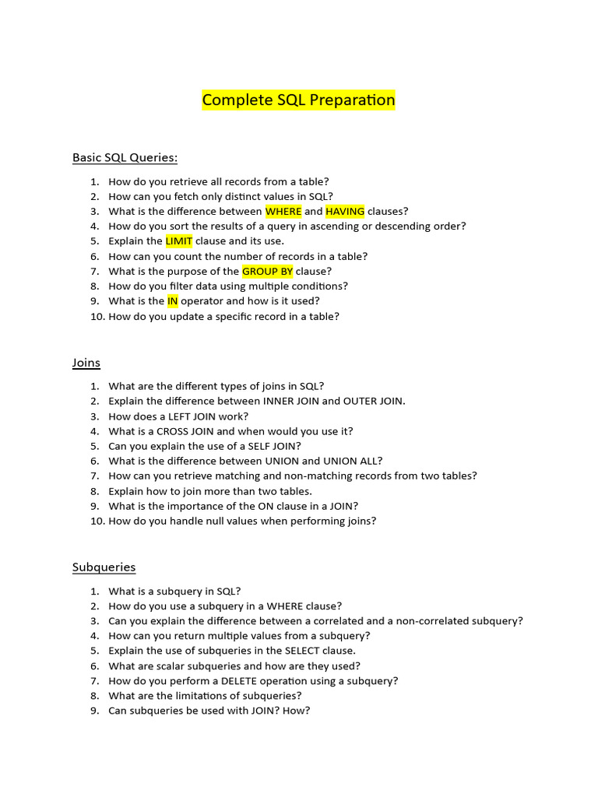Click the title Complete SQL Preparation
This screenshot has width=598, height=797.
coord(298,100)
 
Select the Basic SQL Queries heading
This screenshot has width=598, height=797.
coord(125,157)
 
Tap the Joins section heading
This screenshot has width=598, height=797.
coord(86,363)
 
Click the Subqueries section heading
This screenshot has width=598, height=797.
coord(104,567)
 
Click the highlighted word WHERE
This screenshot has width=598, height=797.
coord(283,211)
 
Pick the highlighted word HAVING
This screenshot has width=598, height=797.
coord(345,211)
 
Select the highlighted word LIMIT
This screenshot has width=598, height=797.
coord(179,241)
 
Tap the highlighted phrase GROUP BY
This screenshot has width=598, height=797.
coord(267,271)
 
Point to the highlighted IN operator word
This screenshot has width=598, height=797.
coord(173,301)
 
